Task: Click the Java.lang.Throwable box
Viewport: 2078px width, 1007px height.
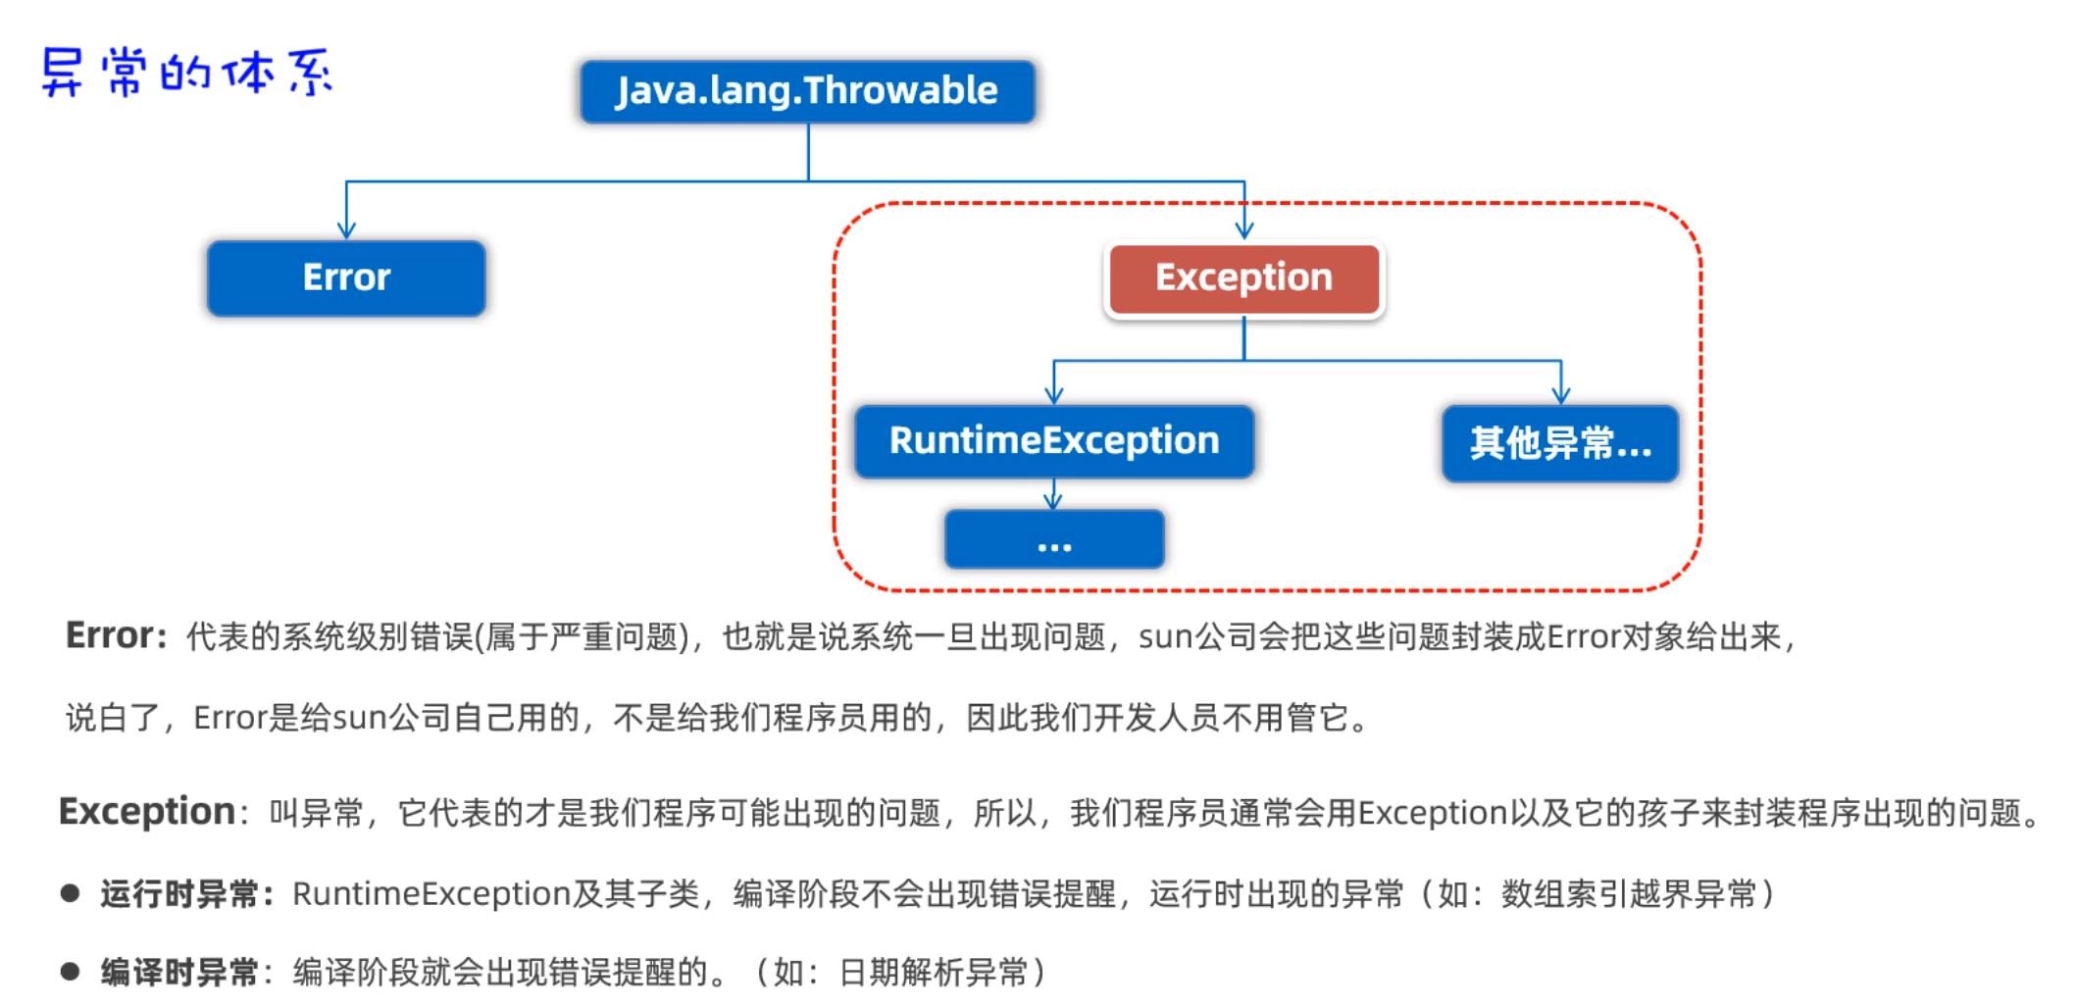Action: (807, 91)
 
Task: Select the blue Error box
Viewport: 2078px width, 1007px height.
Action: (346, 277)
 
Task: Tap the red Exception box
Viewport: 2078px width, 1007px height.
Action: (1243, 277)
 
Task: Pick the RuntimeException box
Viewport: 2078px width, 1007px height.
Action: (1053, 441)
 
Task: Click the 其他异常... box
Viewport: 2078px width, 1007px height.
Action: (1559, 443)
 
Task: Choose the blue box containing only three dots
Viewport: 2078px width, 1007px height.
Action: (1054, 539)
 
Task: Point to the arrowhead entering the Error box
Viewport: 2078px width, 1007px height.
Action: (346, 230)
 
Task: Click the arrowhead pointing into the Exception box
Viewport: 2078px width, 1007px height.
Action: (1244, 230)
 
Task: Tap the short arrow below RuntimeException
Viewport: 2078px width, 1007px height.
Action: (1054, 496)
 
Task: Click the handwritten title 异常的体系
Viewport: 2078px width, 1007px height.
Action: (186, 73)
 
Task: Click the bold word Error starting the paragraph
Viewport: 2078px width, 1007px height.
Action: (109, 635)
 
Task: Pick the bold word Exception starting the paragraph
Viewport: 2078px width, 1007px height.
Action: (147, 812)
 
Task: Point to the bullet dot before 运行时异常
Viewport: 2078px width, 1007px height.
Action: (70, 893)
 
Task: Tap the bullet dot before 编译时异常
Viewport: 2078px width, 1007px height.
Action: (70, 972)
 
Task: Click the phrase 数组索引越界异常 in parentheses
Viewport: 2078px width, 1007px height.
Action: (1628, 894)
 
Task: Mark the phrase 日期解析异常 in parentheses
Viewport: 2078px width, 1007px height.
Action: (933, 973)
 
